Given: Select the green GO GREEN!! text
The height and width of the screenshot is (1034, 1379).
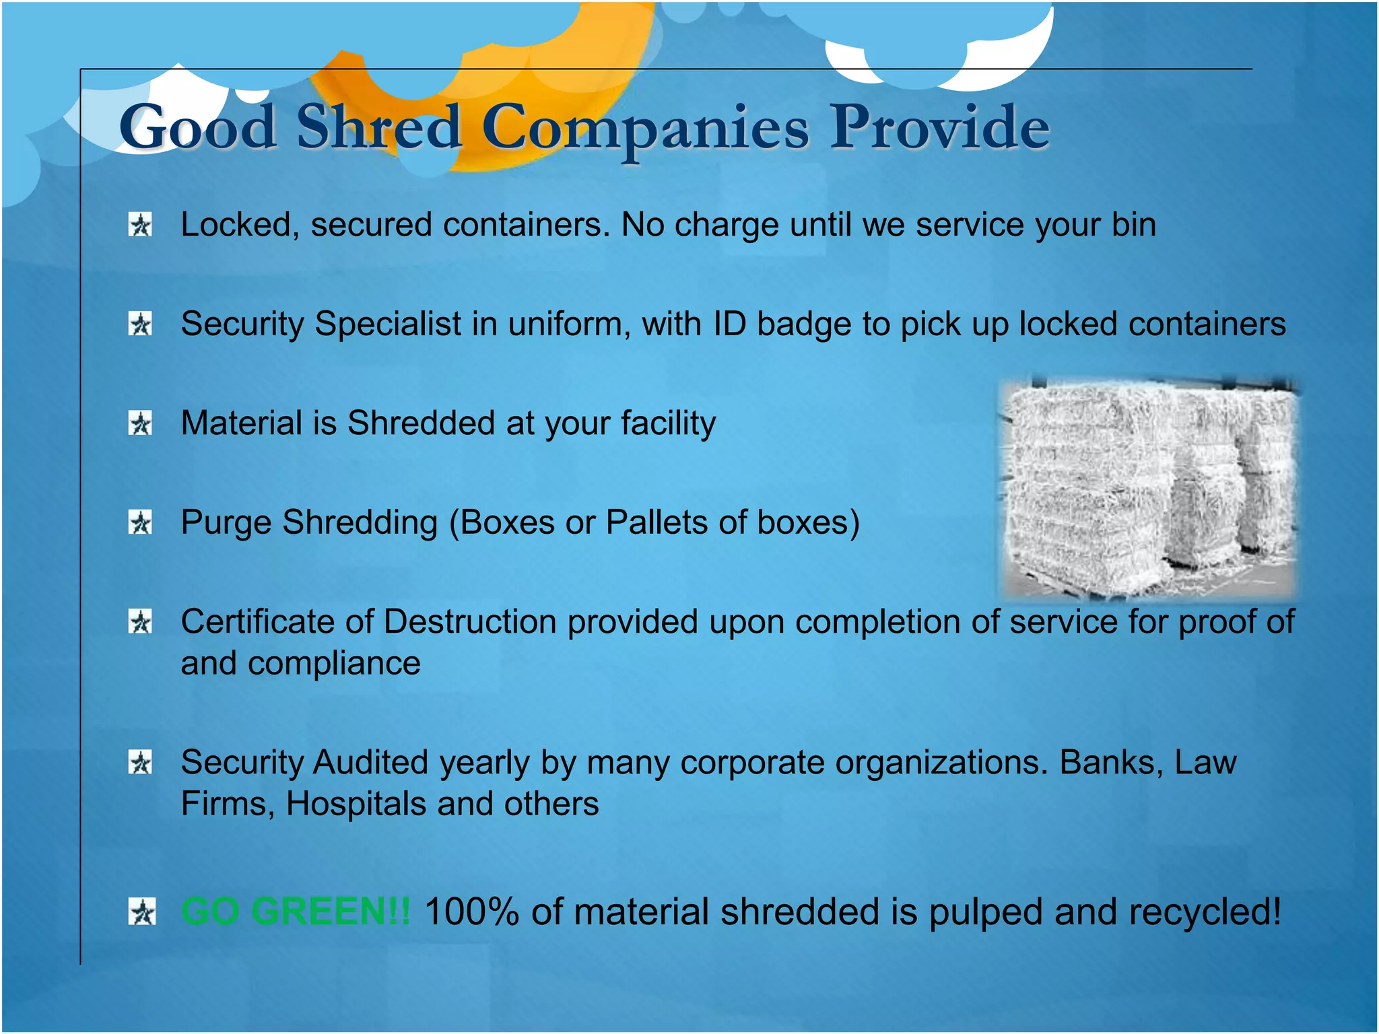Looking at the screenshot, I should tap(295, 911).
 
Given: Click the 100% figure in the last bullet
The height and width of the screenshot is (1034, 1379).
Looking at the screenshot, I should tap(471, 911).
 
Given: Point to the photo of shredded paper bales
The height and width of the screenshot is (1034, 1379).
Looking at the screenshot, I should tap(1149, 488).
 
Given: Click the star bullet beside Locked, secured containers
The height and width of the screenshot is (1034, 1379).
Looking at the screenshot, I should tap(141, 225).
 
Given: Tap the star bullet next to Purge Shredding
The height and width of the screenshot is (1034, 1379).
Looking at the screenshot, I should tap(141, 522).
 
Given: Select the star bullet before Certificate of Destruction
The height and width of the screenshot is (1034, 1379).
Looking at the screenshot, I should tap(141, 622).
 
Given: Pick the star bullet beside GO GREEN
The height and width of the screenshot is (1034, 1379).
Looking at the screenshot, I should tap(141, 912).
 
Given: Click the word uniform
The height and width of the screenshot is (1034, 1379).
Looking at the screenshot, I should tap(569, 324).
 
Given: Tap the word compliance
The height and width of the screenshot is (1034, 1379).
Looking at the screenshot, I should tap(334, 664).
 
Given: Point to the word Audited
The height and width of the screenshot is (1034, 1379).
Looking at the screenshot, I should tap(370, 763).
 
